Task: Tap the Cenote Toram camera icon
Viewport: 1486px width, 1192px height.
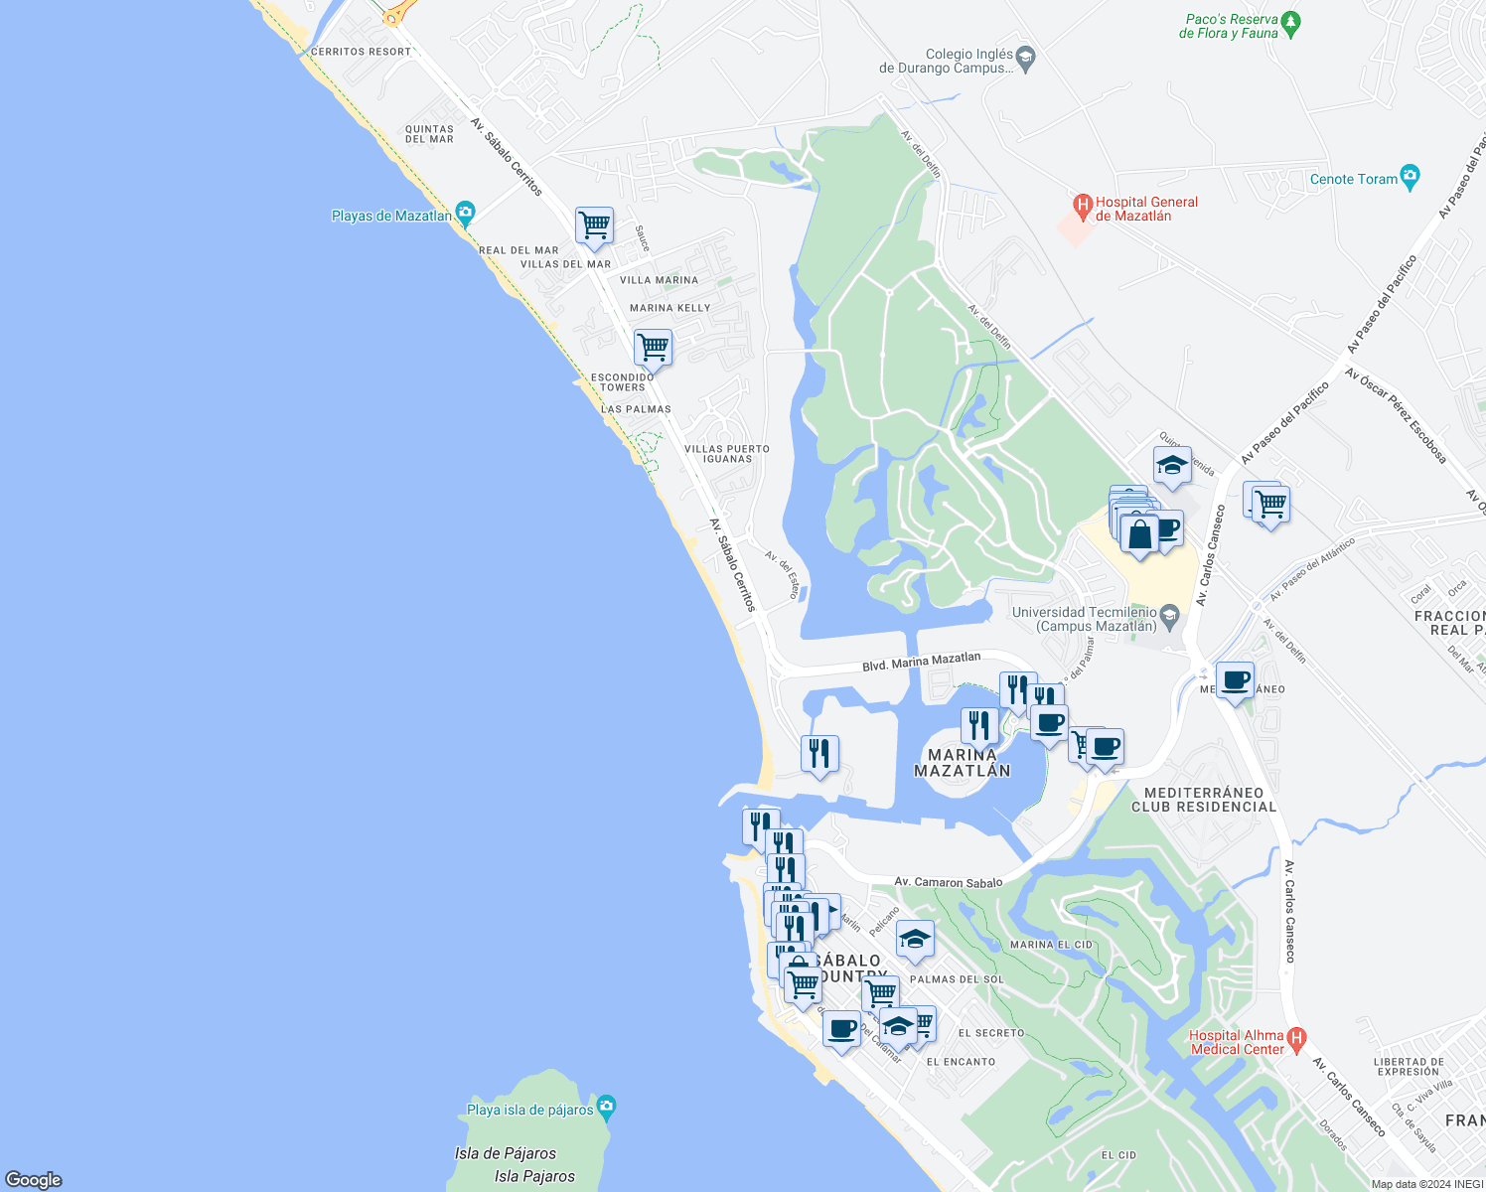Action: click(x=1410, y=178)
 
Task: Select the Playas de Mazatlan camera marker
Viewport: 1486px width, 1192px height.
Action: click(x=465, y=214)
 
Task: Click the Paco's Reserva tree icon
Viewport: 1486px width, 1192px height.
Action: click(x=1290, y=21)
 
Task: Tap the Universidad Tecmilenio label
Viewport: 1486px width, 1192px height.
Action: click(x=1086, y=619)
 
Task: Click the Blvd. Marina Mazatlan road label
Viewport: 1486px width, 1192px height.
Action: click(x=921, y=662)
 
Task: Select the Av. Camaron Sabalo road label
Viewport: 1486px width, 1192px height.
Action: click(x=948, y=881)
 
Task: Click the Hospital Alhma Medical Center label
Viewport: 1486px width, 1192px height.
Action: click(x=1237, y=1042)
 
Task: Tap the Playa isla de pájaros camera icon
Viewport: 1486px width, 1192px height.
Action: click(x=607, y=1107)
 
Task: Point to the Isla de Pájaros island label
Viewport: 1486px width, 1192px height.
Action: click(x=506, y=1153)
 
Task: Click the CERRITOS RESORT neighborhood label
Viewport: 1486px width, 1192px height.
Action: click(x=361, y=52)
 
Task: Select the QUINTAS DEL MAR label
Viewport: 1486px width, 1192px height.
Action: click(x=429, y=134)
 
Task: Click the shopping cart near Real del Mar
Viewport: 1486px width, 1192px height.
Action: click(x=594, y=225)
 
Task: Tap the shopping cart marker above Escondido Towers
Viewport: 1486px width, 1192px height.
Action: click(x=653, y=348)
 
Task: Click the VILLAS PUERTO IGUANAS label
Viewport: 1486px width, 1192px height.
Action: click(x=727, y=454)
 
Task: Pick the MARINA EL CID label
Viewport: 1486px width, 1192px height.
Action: click(x=1051, y=945)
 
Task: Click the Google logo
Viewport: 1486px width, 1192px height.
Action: click(x=34, y=1180)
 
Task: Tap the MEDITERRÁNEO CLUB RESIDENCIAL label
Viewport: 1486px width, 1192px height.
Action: click(x=1204, y=800)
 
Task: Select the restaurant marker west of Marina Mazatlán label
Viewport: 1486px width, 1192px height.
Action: click(x=819, y=754)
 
